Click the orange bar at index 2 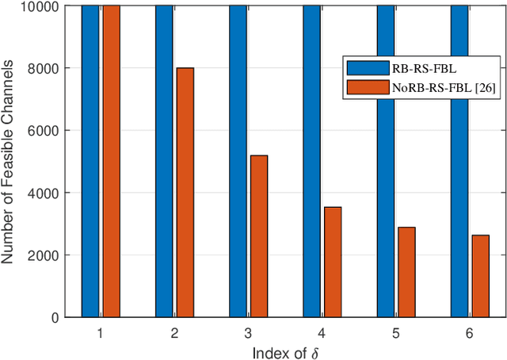[185, 193]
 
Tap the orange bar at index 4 [333, 262]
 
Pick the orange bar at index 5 [406, 272]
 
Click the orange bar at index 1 [111, 161]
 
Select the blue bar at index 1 [90, 161]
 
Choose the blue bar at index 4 [311, 161]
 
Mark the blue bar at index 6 [459, 161]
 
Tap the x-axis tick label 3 [248, 333]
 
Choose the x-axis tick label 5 [396, 333]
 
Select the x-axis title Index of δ [284, 351]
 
